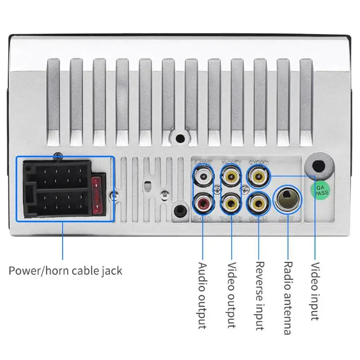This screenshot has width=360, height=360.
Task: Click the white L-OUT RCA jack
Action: pos(203,177)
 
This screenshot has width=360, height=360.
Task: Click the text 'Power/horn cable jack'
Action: pos(65,271)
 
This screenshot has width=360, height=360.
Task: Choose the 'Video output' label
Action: pos(231,295)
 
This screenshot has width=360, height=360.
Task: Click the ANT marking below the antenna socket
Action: pos(287,219)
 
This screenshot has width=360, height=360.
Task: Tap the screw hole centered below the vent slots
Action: pos(180,139)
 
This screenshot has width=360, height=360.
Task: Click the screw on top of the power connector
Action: pos(57,157)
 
